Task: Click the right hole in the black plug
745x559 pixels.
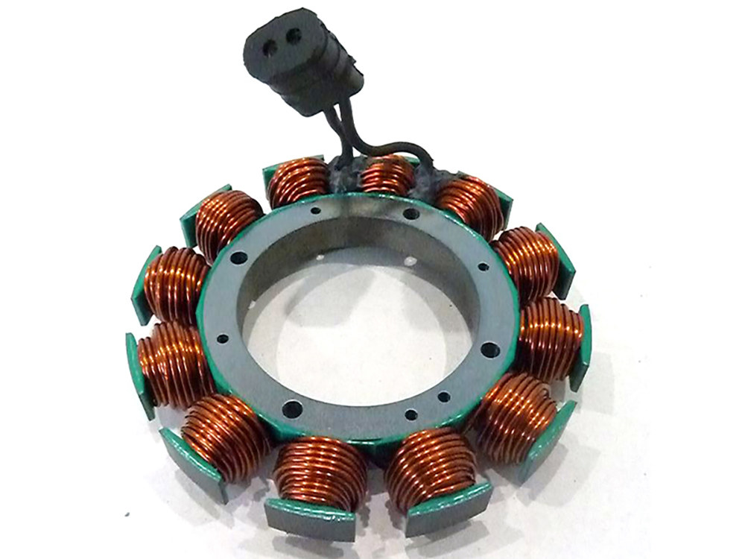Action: (x=297, y=35)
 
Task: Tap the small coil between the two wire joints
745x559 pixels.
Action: (x=387, y=176)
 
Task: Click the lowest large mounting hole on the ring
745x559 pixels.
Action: (x=292, y=408)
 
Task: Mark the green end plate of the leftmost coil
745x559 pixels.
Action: (x=138, y=373)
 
